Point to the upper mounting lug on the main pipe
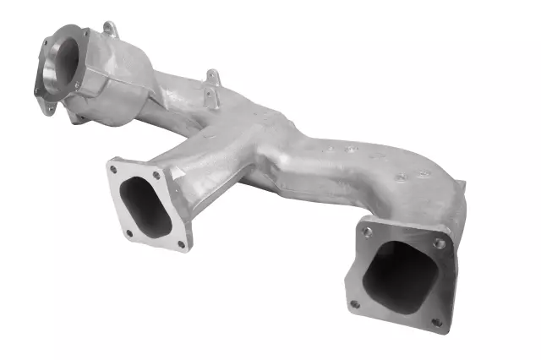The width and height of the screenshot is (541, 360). (212, 77)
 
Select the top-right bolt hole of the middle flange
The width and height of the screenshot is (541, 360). (156, 175)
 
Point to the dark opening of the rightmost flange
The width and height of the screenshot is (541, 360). (396, 270)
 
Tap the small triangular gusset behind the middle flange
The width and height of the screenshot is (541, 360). (173, 182)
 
